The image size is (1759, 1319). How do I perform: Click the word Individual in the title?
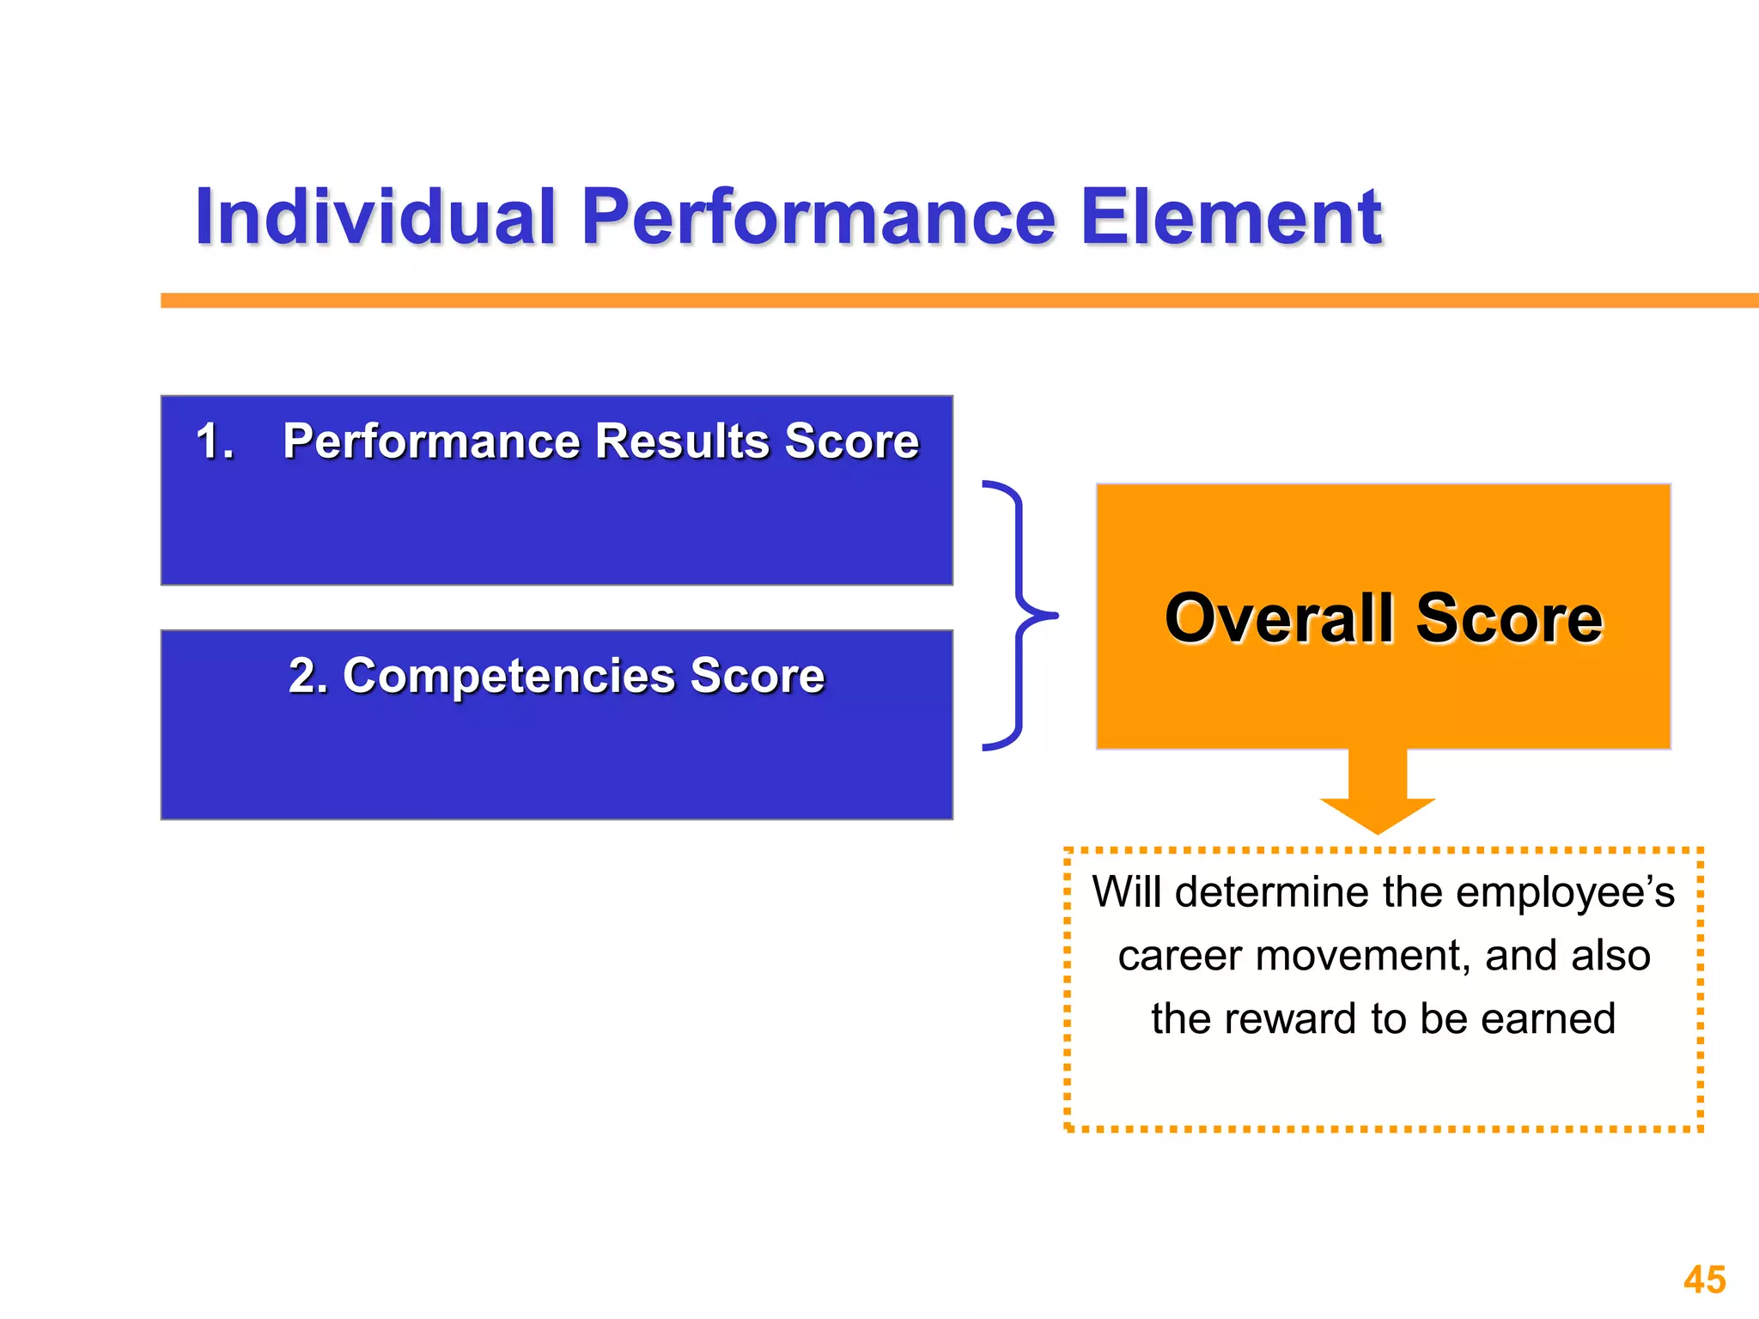click(x=375, y=217)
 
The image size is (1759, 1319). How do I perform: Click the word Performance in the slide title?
click(x=818, y=217)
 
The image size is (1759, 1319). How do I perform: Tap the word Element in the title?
click(x=1230, y=217)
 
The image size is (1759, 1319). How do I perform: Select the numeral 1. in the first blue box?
click(x=215, y=441)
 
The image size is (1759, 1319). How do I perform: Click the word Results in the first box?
click(x=683, y=441)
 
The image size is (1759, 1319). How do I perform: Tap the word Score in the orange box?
click(x=1509, y=618)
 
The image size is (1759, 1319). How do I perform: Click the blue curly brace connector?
click(x=1019, y=615)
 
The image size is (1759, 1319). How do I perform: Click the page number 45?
click(x=1704, y=1279)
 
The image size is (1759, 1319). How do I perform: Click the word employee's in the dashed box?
click(x=1565, y=891)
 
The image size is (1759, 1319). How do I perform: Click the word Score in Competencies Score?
click(x=757, y=676)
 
